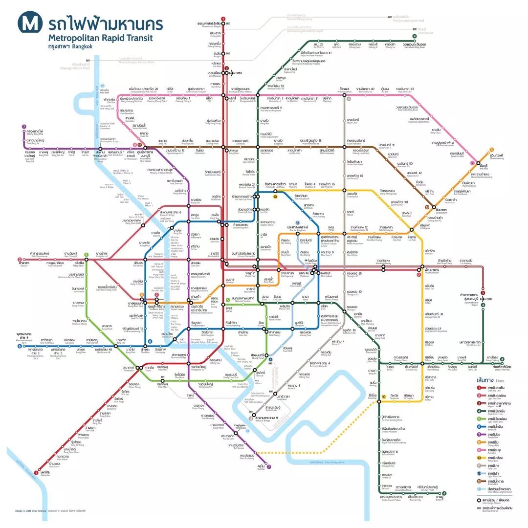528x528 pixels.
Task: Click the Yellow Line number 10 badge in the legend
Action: click(481, 458)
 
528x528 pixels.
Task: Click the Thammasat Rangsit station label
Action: click(209, 24)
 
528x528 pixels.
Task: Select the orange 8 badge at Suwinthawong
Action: click(491, 150)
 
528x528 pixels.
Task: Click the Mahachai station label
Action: click(45, 473)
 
